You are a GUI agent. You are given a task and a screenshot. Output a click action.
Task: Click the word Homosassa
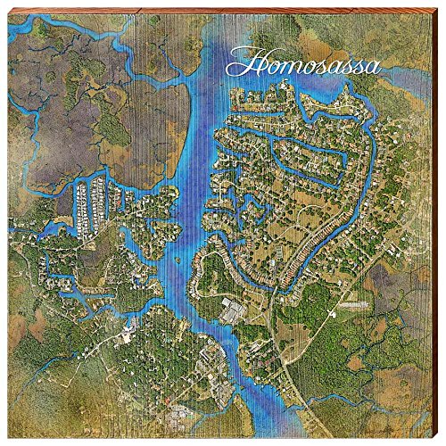(303, 64)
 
